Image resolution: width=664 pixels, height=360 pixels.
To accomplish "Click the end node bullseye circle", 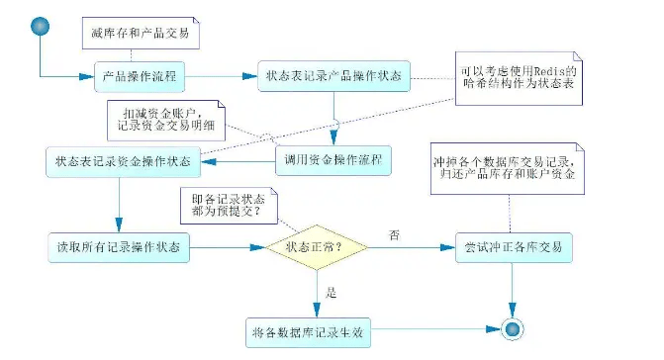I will [x=512, y=328].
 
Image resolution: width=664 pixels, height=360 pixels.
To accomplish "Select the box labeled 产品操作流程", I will [x=142, y=75].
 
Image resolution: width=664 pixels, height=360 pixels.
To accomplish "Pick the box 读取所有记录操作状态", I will [x=120, y=246].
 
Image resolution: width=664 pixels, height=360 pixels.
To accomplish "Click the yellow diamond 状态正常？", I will [x=319, y=247].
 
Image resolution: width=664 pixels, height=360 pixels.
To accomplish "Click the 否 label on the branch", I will [x=394, y=234].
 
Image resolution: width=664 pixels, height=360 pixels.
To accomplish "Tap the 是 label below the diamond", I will [x=332, y=294].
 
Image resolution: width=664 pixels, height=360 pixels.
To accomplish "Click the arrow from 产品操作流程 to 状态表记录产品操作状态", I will [x=224, y=75].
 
